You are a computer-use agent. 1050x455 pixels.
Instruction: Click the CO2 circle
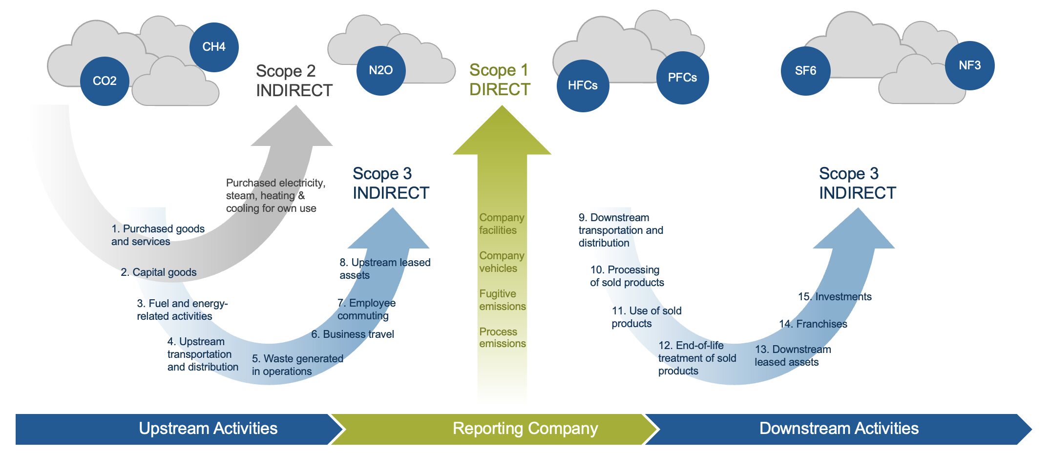coord(105,81)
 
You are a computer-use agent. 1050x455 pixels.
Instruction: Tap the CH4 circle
coord(214,47)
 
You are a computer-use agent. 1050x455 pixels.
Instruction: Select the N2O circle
coord(381,70)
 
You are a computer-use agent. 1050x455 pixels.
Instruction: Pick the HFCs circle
coord(583,85)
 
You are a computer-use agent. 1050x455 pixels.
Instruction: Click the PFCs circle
coord(682,78)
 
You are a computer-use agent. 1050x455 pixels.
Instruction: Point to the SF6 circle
coord(805,71)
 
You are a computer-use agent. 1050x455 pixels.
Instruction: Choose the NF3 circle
coord(969,65)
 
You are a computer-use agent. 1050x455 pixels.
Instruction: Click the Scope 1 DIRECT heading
coord(499,80)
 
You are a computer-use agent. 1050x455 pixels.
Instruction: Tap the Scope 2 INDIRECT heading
coord(294,81)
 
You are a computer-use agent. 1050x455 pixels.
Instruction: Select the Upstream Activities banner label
coord(208,429)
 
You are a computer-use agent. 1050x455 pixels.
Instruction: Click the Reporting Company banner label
coord(525,429)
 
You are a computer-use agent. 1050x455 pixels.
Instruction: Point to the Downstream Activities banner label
coord(839,429)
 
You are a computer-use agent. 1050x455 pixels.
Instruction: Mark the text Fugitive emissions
coord(502,300)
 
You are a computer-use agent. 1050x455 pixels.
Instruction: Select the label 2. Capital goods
coord(159,272)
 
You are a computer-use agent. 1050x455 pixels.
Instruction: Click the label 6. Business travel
coord(353,334)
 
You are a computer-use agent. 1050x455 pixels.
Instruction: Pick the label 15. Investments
coord(835,297)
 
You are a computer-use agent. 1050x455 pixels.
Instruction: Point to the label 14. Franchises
coord(813,324)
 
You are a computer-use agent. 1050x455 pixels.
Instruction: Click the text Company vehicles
coord(502,262)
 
